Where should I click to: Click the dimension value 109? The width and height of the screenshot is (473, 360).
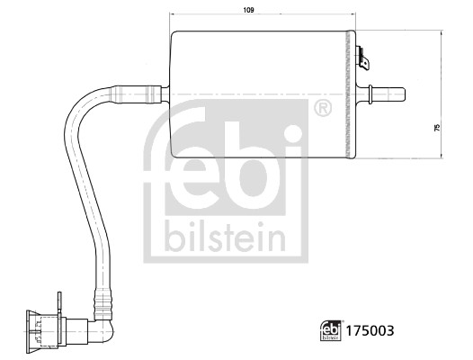point(248,10)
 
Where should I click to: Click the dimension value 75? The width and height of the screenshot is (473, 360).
point(437,127)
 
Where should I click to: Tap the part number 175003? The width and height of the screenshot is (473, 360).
point(370,330)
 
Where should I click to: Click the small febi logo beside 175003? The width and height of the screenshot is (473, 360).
point(330,330)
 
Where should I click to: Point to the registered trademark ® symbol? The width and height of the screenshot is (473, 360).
point(323,108)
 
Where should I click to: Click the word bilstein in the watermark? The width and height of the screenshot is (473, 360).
point(225,238)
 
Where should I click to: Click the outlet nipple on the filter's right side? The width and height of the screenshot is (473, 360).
point(381,94)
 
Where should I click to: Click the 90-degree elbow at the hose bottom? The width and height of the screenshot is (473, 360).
point(103,329)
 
